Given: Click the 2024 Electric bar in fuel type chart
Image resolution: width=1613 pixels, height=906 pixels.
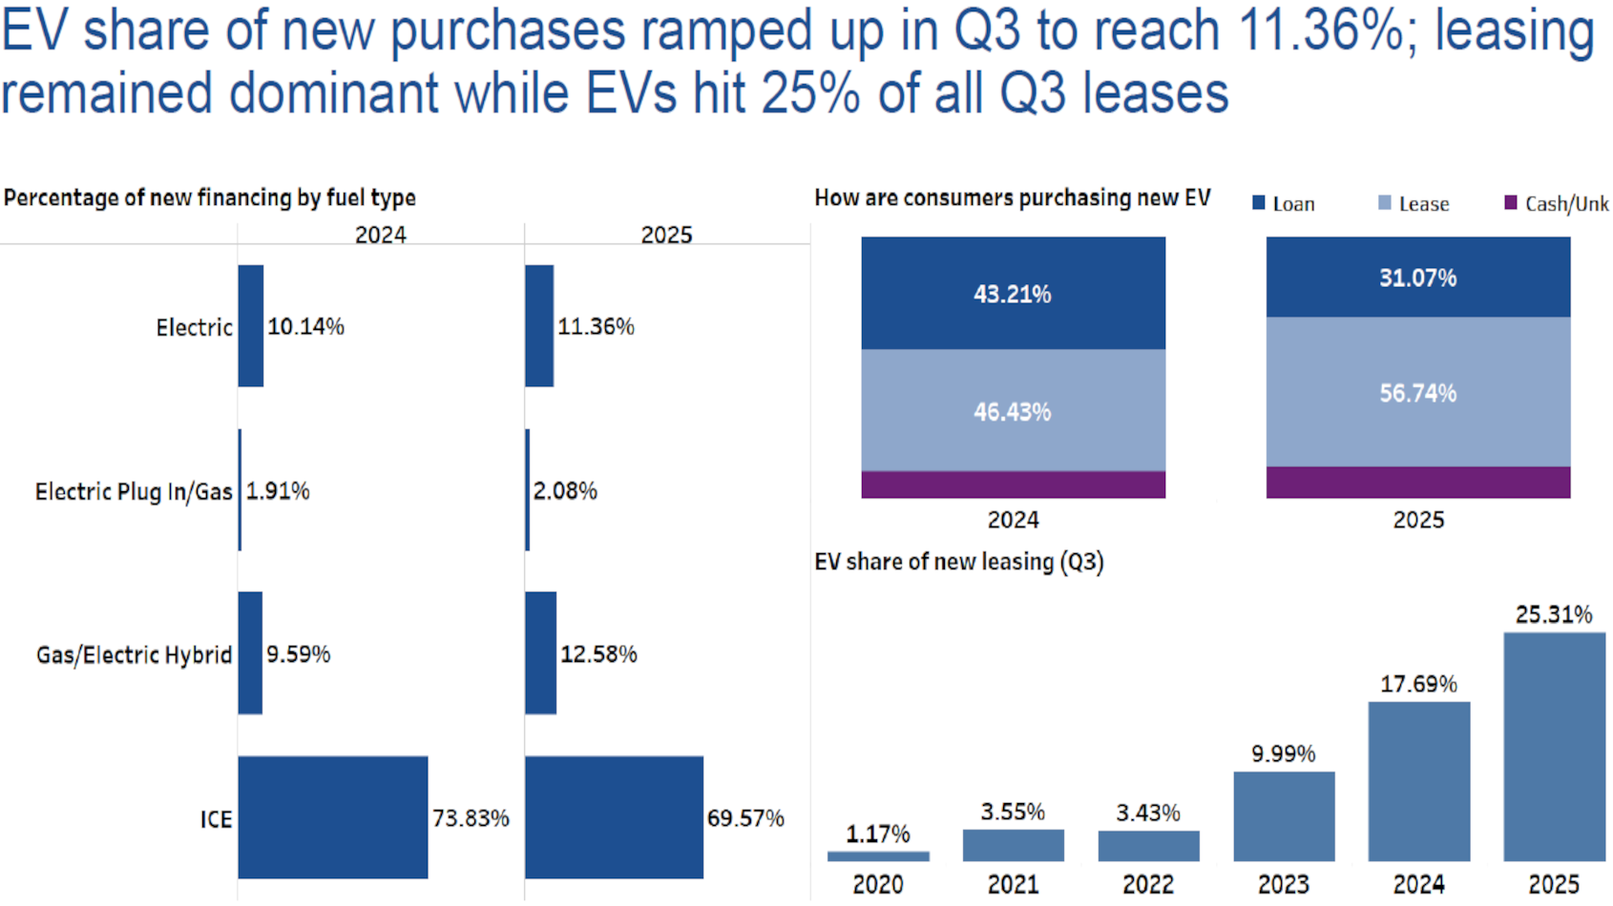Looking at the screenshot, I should [251, 326].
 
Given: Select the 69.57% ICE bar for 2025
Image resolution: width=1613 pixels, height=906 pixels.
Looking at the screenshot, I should [614, 817].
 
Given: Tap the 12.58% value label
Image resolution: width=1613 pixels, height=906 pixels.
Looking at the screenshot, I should [598, 654].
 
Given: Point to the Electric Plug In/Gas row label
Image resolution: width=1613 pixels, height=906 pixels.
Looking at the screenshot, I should [134, 491].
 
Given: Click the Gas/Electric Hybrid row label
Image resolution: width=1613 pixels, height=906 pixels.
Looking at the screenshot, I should [134, 655].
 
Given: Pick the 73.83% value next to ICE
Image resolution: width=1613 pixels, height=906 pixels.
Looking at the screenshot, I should [471, 818].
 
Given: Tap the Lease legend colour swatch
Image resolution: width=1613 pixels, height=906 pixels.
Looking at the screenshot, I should [1385, 203].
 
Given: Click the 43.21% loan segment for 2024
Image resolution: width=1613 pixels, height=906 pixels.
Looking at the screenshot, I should [1013, 294].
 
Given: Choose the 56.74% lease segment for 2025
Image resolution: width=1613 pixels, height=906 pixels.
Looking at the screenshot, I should [1417, 393].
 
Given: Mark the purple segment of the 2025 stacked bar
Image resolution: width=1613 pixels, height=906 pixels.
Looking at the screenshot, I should [1417, 483].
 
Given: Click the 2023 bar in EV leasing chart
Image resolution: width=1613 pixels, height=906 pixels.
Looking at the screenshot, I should [1284, 816].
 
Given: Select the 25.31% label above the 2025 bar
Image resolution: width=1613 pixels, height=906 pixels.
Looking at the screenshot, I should [1554, 615].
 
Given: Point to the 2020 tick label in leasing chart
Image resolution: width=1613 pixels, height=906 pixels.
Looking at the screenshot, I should [878, 885].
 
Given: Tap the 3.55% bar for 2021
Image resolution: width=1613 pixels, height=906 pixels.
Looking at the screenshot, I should [1013, 846].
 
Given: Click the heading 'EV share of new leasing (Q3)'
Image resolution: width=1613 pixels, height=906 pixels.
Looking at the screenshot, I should [958, 562].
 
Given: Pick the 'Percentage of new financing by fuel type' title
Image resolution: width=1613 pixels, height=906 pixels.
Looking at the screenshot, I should [210, 198].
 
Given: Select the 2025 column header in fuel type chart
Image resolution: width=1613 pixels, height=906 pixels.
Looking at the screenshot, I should [666, 235].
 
